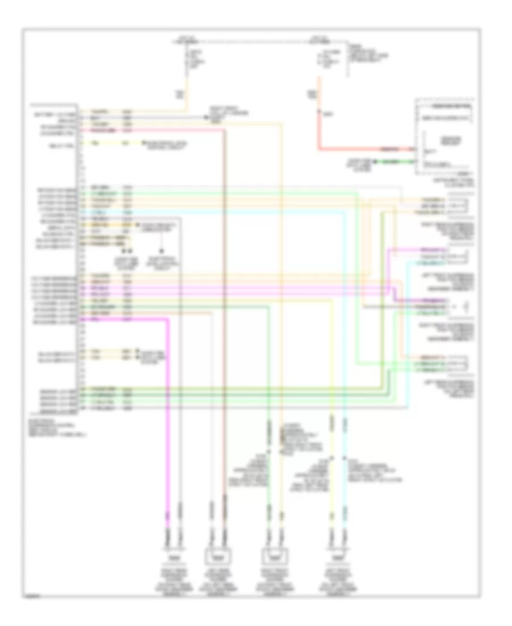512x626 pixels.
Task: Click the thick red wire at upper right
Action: point(364,150)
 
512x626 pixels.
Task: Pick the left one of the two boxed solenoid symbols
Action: point(217,554)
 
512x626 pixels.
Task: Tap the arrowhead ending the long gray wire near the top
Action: point(205,117)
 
